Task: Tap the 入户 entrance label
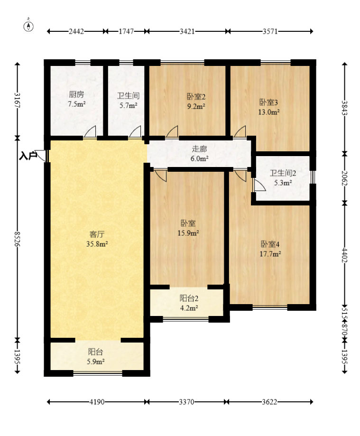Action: click(x=28, y=156)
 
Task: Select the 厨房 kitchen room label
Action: click(x=76, y=94)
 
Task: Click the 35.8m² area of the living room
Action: click(x=97, y=244)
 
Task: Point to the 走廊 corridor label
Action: click(x=199, y=149)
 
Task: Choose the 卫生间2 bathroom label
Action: click(x=283, y=173)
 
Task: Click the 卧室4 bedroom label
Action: click(x=270, y=244)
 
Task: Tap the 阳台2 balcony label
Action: click(x=189, y=298)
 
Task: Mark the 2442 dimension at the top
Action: click(x=76, y=31)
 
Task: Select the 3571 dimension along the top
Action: click(x=270, y=31)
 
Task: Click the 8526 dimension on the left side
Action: click(x=18, y=239)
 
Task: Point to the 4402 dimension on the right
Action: click(x=345, y=255)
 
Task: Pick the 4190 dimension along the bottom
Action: click(x=97, y=402)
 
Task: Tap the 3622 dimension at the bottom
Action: click(x=270, y=402)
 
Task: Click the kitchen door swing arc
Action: click(x=90, y=131)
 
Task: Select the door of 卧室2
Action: click(x=172, y=131)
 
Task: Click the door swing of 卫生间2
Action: click(x=259, y=185)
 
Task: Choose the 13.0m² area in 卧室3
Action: click(x=269, y=112)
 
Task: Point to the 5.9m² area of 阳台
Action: click(x=96, y=362)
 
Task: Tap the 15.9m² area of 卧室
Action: click(x=188, y=233)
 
